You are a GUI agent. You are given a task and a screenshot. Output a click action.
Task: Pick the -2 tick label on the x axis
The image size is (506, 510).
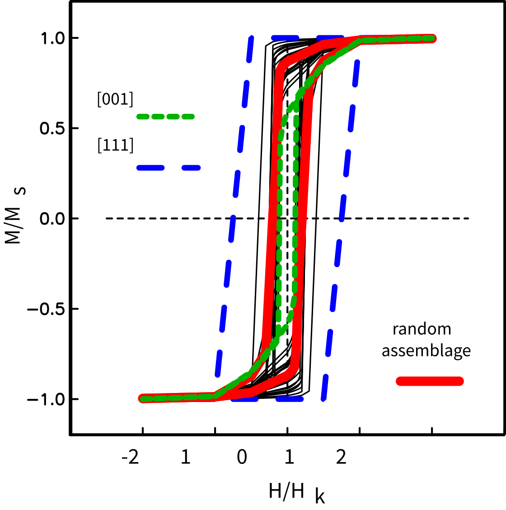pyautogui.click(x=131, y=458)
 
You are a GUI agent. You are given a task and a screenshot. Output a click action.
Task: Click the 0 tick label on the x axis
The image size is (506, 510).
pyautogui.click(x=242, y=458)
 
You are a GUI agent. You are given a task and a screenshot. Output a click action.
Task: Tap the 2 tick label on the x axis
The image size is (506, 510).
pyautogui.click(x=342, y=458)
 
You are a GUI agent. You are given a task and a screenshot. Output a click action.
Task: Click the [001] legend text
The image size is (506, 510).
pyautogui.click(x=115, y=99)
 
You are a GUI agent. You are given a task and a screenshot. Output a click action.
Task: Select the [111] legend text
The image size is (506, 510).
pyautogui.click(x=115, y=145)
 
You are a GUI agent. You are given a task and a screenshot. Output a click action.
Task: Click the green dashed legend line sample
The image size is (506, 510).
pyautogui.click(x=165, y=117)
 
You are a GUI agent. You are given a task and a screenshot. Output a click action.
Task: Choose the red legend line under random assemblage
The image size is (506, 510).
pyautogui.click(x=430, y=381)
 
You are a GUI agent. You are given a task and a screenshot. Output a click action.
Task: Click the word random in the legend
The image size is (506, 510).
pyautogui.click(x=422, y=329)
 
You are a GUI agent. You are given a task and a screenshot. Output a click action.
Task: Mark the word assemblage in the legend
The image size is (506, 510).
pyautogui.click(x=426, y=351)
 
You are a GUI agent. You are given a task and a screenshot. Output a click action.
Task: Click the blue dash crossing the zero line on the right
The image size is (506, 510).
pyautogui.click(x=342, y=219)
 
